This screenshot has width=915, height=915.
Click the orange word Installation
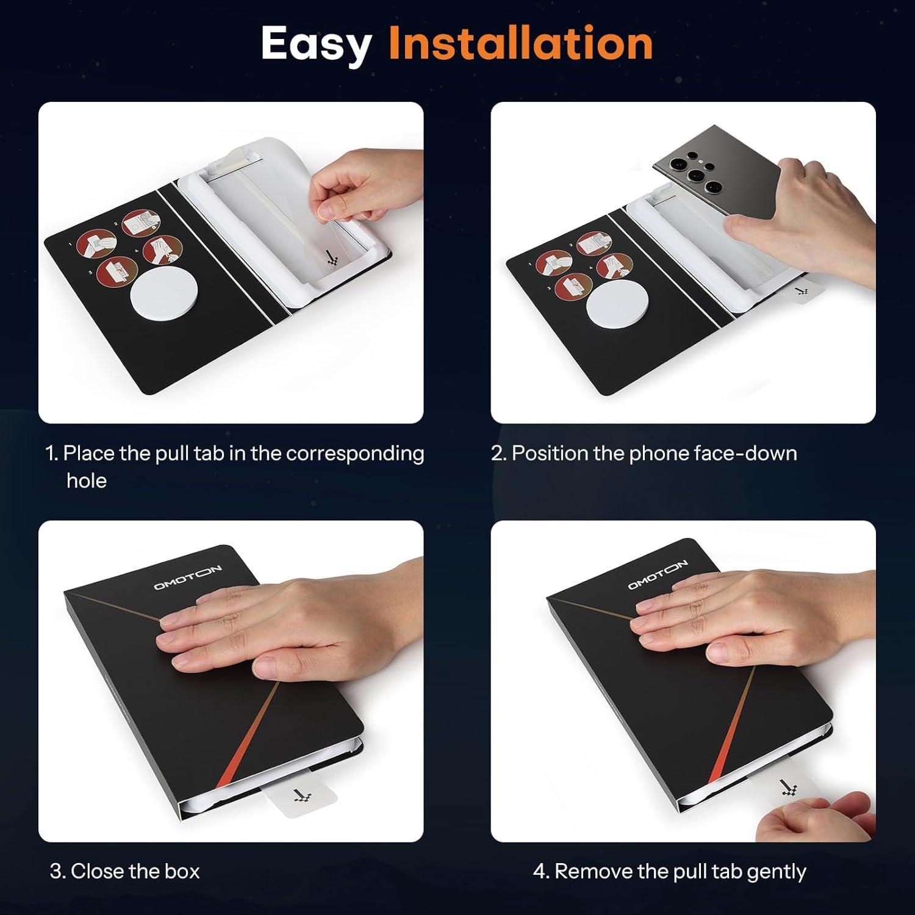(521, 43)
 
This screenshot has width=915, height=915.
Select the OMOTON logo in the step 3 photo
(187, 577)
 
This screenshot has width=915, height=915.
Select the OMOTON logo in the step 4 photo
(658, 575)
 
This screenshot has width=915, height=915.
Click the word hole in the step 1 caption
(87, 481)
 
